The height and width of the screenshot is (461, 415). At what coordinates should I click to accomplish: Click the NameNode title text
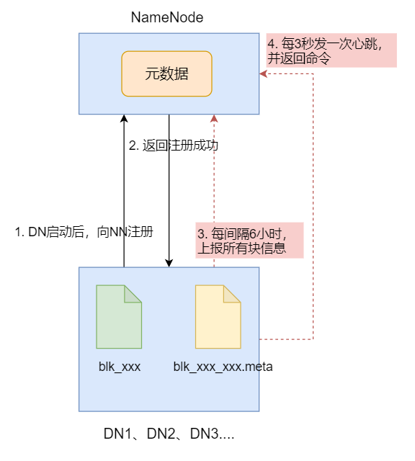[166, 17]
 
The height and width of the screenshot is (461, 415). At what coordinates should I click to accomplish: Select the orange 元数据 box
[166, 73]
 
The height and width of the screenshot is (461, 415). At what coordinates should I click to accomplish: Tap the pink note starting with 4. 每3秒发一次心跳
[331, 50]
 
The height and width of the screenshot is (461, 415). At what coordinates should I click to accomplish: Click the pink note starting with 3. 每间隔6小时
[249, 240]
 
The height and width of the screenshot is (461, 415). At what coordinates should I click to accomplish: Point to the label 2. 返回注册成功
[174, 146]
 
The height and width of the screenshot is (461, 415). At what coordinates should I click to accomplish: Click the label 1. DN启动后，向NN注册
[84, 232]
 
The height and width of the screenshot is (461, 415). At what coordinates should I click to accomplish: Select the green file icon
[119, 317]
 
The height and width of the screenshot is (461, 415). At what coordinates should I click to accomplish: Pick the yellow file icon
[218, 317]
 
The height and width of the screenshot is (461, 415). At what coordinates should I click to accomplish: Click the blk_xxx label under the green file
[120, 367]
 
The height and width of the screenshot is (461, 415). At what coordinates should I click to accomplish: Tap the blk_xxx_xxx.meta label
[223, 367]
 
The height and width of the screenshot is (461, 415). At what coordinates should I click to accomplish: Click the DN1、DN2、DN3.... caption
[169, 434]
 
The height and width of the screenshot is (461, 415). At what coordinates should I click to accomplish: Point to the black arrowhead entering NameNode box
[124, 118]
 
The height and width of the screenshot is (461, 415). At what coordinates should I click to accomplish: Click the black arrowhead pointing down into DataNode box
[169, 264]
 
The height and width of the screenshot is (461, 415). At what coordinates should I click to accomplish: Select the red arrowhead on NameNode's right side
[263, 73]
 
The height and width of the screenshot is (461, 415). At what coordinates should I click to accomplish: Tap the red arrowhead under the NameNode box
[214, 118]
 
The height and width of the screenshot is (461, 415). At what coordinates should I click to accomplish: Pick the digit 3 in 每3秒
[298, 44]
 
